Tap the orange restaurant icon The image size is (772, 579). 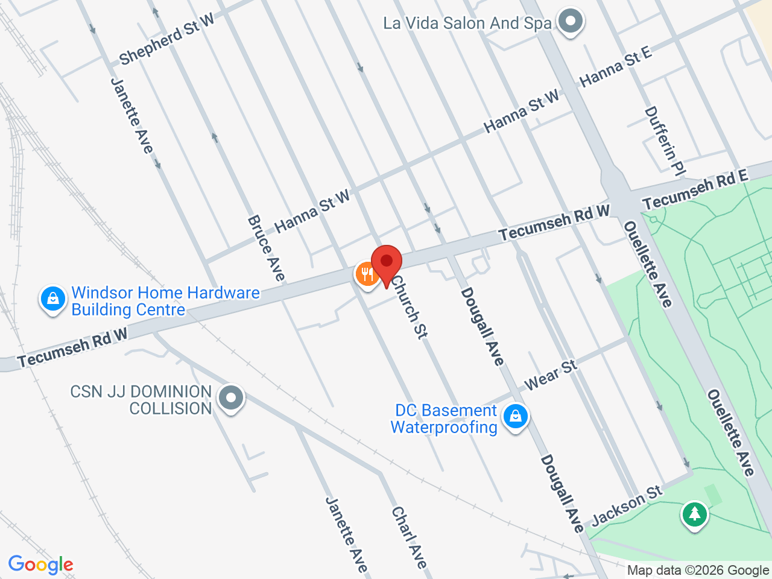[x=367, y=274]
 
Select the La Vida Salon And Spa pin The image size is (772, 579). [x=570, y=22]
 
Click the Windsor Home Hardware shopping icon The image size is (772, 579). [x=53, y=299]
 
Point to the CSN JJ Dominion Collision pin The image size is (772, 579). [x=230, y=398]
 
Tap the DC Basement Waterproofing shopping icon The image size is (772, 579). [x=515, y=416]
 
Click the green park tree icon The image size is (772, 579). [x=695, y=514]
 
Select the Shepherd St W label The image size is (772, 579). [x=166, y=39]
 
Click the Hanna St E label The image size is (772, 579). [x=615, y=66]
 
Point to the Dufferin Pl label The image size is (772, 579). [x=665, y=141]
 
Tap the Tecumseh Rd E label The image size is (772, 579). [x=695, y=189]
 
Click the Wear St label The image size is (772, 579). [x=551, y=375]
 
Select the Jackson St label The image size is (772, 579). [x=627, y=506]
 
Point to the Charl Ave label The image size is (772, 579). [x=410, y=537]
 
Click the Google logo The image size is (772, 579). [x=40, y=565]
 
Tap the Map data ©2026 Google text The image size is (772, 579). [x=698, y=570]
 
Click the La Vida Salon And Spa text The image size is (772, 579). [x=467, y=24]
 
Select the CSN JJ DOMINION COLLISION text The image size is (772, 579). [x=141, y=400]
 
